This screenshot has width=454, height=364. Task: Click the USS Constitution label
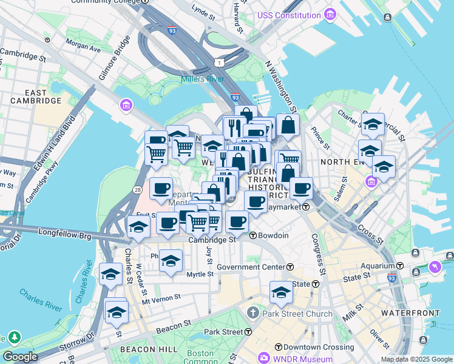pos(289,15)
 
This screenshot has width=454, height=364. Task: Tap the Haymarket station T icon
pos(307,207)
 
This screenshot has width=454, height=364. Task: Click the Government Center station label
pos(251,267)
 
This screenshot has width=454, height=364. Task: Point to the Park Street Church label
pos(297,314)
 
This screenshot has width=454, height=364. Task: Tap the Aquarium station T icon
pos(400,266)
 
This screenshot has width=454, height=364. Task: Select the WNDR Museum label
pos(303,358)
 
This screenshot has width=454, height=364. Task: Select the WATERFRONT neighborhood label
pos(410,313)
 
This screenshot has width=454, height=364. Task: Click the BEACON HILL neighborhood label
pos(149,349)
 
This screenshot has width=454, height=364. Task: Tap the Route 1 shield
pos(217,62)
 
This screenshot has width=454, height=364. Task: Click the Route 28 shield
pos(138,191)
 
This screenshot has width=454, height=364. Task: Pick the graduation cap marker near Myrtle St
pos(171,261)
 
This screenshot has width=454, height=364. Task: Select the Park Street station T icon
pos(248,332)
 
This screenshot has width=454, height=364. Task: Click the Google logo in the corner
pos(20,357)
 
